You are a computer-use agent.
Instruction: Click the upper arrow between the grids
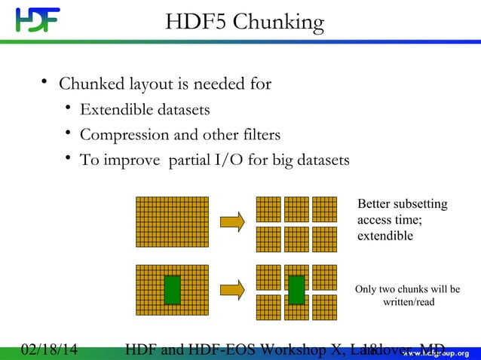(232, 221)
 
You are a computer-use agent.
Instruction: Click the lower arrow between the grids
(232, 288)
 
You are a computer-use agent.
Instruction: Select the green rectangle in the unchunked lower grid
(173, 289)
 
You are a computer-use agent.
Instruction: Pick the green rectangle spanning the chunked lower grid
(296, 290)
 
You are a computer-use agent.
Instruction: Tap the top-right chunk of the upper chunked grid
(324, 209)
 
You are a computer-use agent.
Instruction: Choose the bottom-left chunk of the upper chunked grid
(268, 239)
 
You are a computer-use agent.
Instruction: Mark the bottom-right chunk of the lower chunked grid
(324, 307)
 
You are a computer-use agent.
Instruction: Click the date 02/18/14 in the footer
(50, 349)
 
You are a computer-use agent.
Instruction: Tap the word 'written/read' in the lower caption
(408, 302)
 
